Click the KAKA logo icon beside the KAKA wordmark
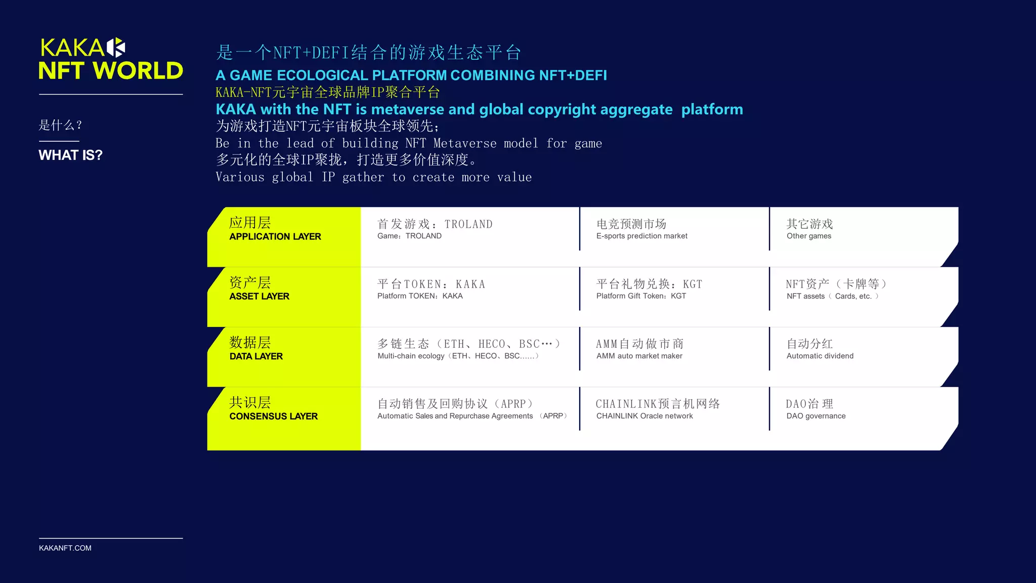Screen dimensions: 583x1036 [x=116, y=48]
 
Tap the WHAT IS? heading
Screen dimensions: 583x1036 [x=70, y=155]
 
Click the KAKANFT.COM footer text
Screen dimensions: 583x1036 [x=65, y=548]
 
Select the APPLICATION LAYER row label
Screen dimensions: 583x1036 [x=275, y=236]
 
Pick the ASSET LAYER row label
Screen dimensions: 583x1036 [x=259, y=296]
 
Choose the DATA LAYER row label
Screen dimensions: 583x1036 [x=256, y=356]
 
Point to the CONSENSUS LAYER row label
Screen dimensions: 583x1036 [x=273, y=416]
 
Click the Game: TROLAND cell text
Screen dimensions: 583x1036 [x=409, y=236]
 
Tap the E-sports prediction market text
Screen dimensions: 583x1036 [x=641, y=236]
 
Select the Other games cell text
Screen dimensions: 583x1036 [x=808, y=236]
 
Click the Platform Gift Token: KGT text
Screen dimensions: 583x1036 [x=641, y=296]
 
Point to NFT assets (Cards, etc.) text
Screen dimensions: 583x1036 [x=832, y=296]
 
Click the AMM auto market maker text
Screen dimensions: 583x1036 [x=639, y=356]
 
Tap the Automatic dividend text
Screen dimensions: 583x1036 [x=819, y=356]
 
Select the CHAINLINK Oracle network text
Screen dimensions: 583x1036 [x=644, y=416]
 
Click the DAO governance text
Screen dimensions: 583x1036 [x=815, y=416]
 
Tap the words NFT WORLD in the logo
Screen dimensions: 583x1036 [x=111, y=71]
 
